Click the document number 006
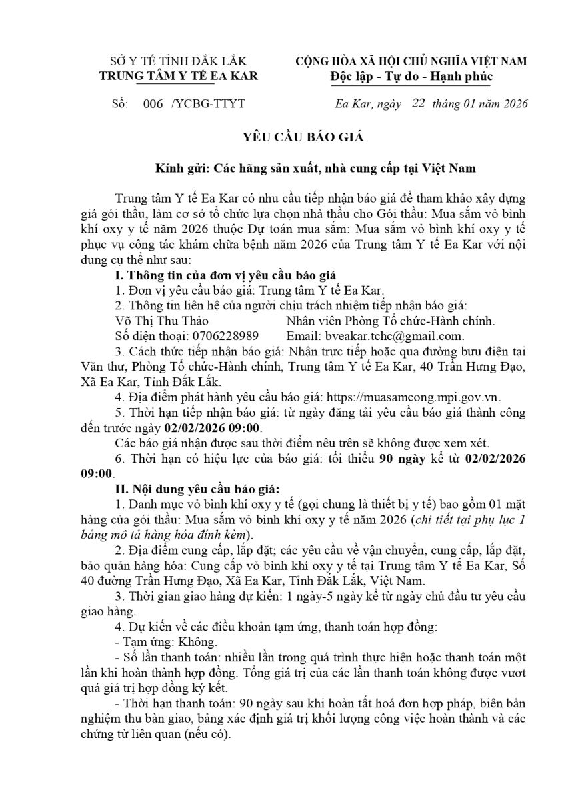click(x=153, y=104)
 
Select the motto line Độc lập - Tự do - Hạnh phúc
click(x=411, y=76)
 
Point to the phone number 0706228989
click(x=221, y=336)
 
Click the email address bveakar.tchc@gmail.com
click(x=393, y=336)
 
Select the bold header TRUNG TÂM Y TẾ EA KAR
click(x=179, y=76)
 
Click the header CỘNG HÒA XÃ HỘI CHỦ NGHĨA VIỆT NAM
click(x=411, y=61)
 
